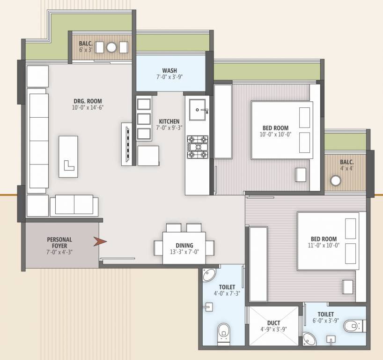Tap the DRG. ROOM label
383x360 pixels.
coord(88,101)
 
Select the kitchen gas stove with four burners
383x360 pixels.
coord(198,148)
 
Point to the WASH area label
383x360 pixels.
coord(169,70)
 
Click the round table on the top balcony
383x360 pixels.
coord(111,47)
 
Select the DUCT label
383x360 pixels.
coord(273,322)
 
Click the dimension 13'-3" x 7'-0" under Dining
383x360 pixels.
coord(184,252)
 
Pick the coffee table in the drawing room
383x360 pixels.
coord(68,157)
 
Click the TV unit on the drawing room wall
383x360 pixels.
coord(126,143)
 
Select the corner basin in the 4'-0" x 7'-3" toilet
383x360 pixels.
coord(208,276)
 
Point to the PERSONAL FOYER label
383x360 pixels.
coord(59,242)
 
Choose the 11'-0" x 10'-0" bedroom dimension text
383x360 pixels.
coord(324,245)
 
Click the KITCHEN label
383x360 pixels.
coord(169,121)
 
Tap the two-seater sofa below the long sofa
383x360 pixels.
coord(74,205)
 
